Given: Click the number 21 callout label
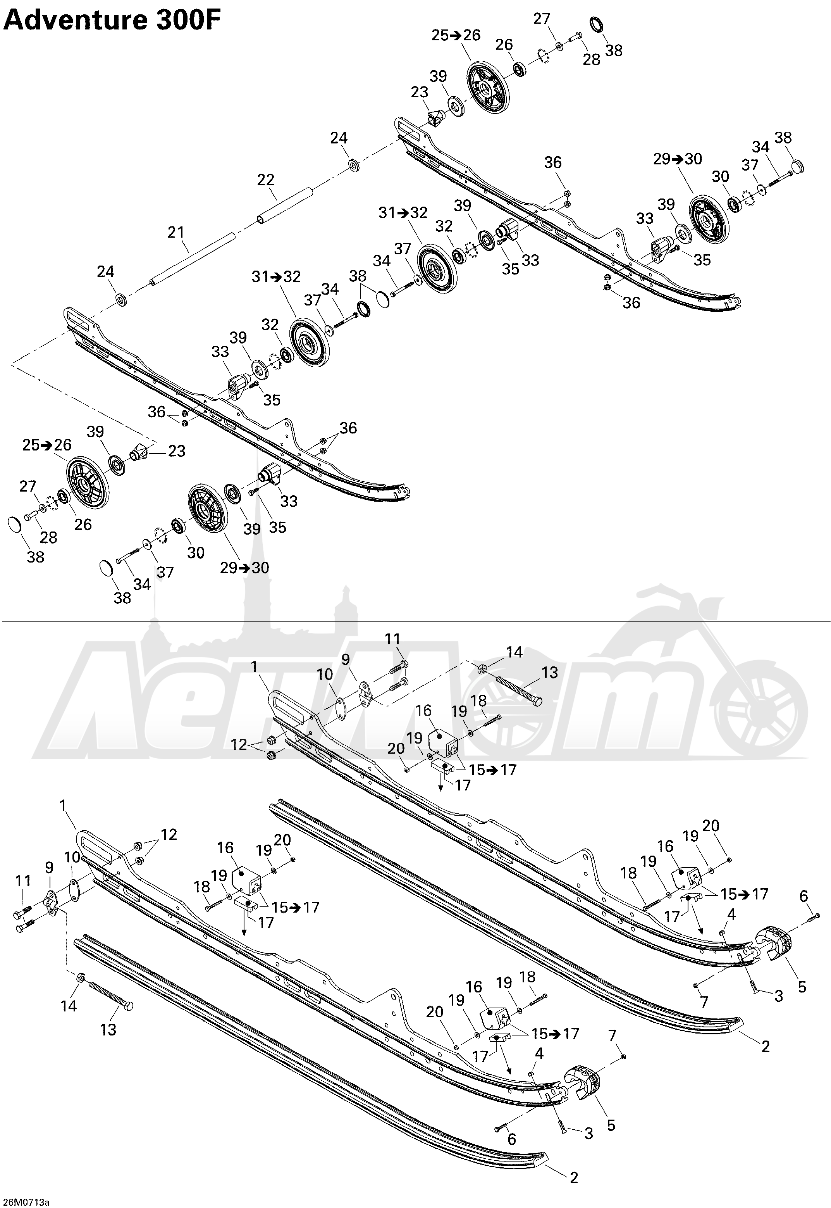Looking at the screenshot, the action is click(x=175, y=232).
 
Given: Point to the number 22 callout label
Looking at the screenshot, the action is click(x=265, y=180).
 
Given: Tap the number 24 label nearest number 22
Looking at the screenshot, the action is click(x=339, y=138).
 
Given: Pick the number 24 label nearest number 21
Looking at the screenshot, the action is click(x=106, y=271).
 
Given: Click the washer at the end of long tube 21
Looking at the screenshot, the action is click(x=121, y=300).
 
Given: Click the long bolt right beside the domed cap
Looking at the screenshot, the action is click(x=777, y=181).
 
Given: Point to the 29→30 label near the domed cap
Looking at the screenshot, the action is click(x=678, y=159).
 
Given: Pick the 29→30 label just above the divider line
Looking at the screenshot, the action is click(x=244, y=567).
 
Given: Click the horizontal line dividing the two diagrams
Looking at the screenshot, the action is click(x=415, y=622).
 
